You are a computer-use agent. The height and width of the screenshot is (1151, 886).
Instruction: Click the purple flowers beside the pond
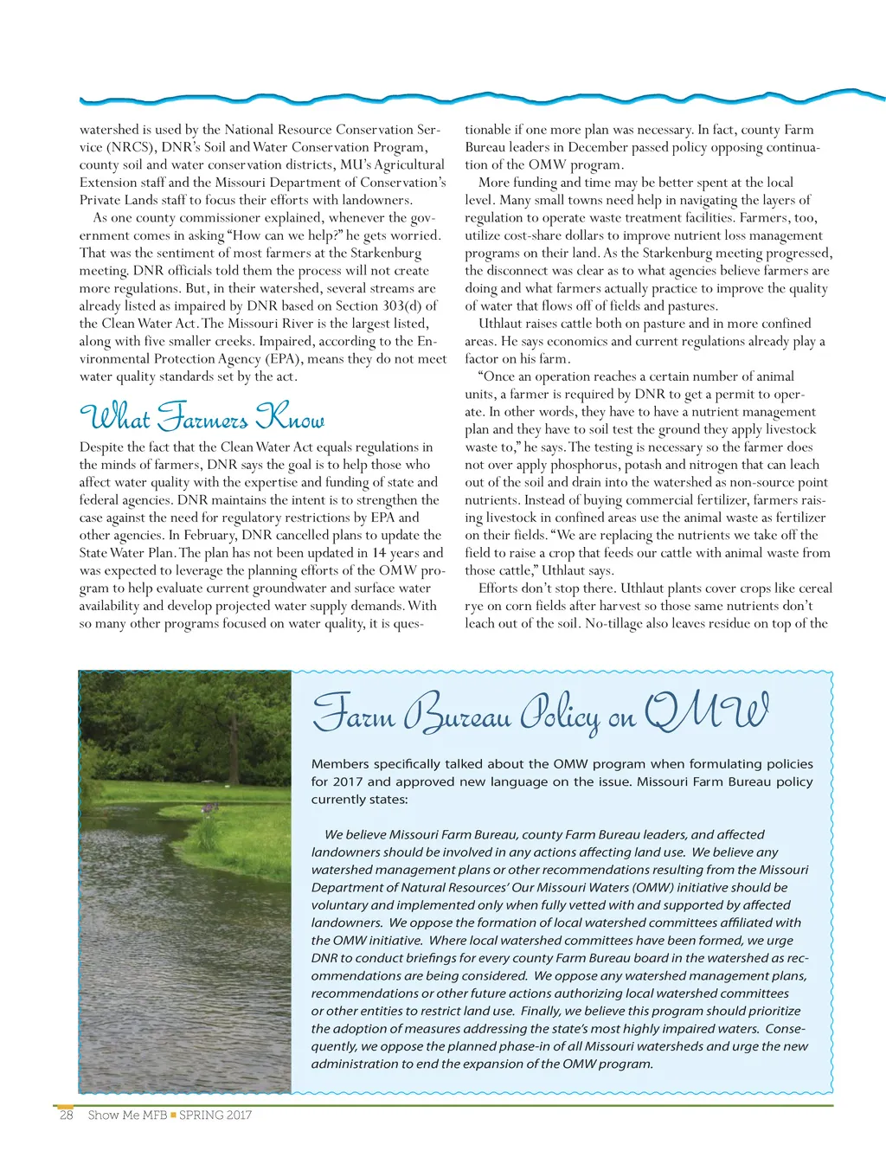pyautogui.click(x=209, y=807)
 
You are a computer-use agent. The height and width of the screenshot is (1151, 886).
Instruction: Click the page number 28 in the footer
pyautogui.click(x=66, y=1115)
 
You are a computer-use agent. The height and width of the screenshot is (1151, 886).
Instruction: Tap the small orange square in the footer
pyautogui.click(x=173, y=1115)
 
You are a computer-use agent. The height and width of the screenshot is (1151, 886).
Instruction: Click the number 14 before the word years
pyautogui.click(x=379, y=553)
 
